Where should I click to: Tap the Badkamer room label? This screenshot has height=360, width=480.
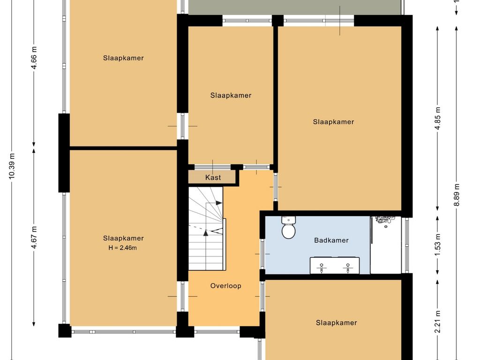[331, 240]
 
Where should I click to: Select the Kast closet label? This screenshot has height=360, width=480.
[213, 178]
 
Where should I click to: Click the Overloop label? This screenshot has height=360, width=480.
[225, 286]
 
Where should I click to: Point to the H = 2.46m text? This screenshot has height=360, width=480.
[123, 247]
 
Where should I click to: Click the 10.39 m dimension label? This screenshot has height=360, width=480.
[12, 166]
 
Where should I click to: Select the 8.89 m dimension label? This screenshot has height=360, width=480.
[457, 195]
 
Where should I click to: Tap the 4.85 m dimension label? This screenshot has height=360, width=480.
[438, 118]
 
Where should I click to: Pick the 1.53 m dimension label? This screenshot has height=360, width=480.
[438, 245]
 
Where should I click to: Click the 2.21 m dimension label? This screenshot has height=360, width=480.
[438, 322]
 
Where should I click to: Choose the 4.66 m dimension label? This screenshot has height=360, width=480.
[34, 58]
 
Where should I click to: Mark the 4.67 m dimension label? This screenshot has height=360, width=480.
[34, 238]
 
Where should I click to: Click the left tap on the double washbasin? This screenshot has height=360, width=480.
[322, 268]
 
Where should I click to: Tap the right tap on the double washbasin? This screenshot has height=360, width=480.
[348, 268]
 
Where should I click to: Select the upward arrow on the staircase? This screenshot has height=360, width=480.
[206, 233]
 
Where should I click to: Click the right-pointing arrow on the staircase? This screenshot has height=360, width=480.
[219, 202]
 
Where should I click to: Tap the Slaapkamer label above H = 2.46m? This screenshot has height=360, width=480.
[123, 238]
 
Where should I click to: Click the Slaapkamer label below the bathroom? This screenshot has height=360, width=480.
[337, 322]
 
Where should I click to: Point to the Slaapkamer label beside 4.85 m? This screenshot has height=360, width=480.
[333, 122]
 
